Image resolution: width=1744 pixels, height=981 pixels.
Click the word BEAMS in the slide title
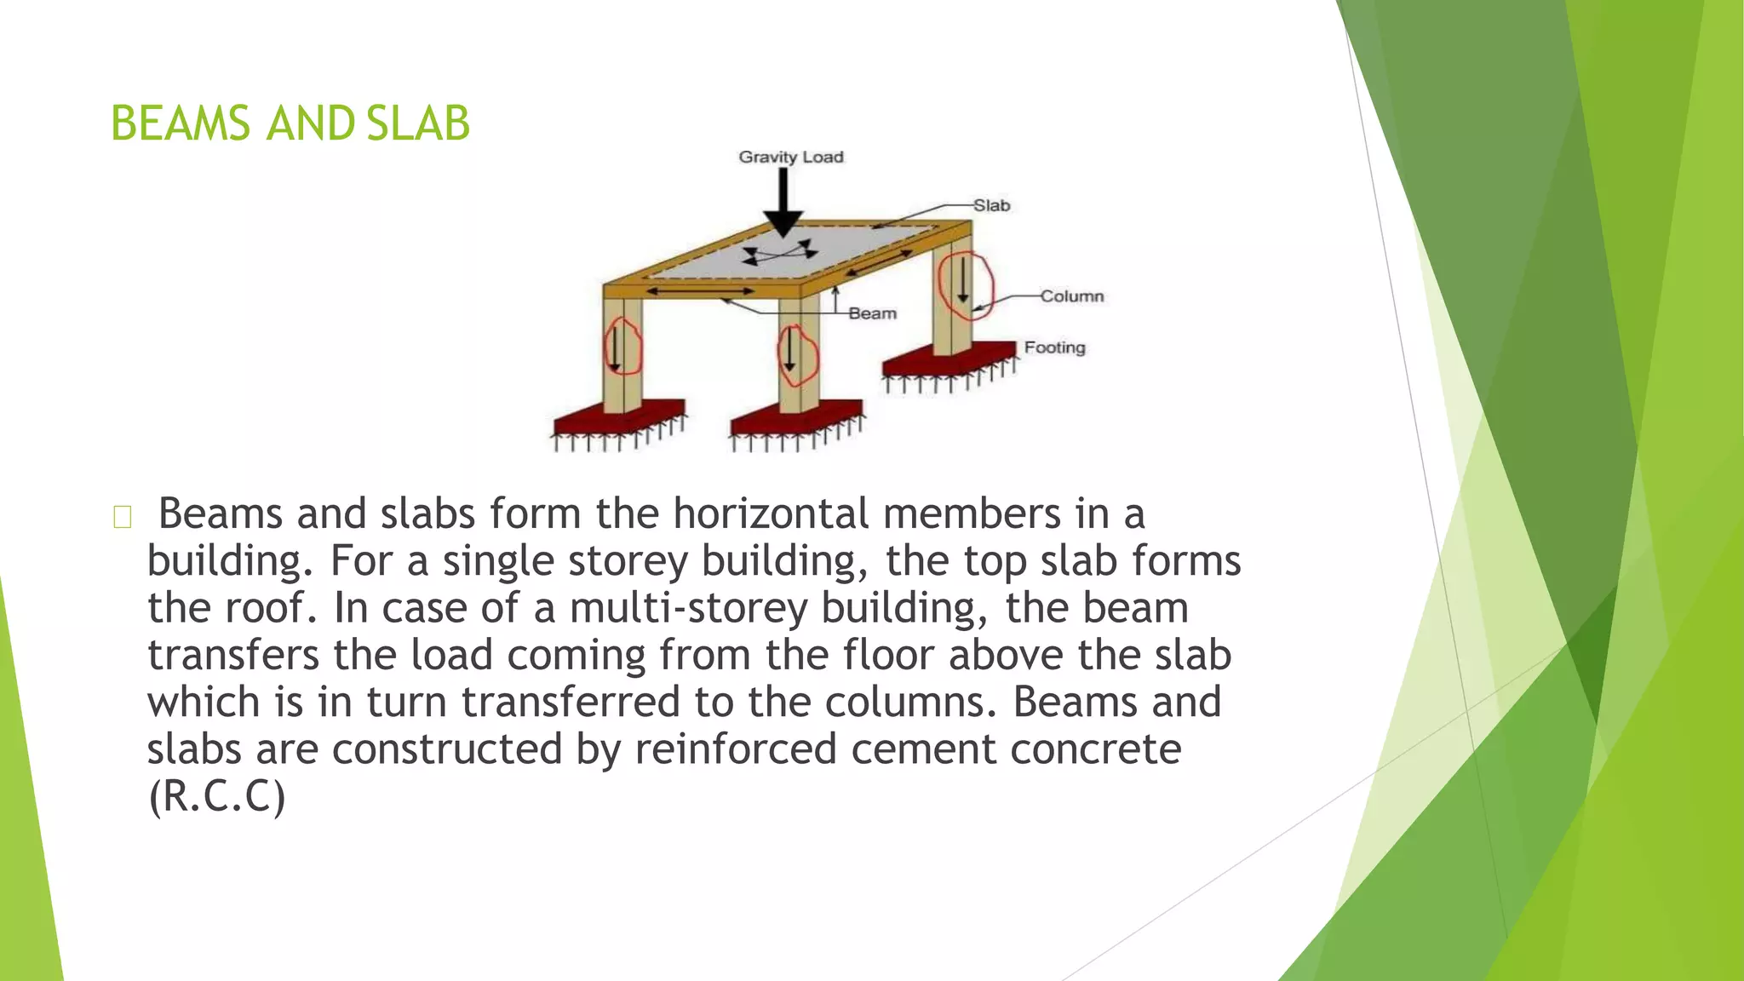tap(181, 123)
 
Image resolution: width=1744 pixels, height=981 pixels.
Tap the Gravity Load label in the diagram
tap(790, 157)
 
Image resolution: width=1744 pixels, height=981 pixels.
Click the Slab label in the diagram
tap(991, 205)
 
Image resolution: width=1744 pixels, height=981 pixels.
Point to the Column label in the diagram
tap(1071, 296)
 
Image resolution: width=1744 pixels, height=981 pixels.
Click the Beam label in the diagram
tap(872, 313)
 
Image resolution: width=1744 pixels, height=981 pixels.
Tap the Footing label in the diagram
tap(1054, 347)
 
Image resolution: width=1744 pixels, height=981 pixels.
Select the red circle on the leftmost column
tap(622, 347)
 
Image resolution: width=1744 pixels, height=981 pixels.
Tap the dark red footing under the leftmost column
tap(617, 418)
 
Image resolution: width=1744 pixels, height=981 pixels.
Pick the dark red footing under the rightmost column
tap(949, 360)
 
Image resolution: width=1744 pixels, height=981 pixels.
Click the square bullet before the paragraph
tap(122, 517)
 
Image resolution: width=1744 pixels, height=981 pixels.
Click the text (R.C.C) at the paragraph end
tap(216, 796)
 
